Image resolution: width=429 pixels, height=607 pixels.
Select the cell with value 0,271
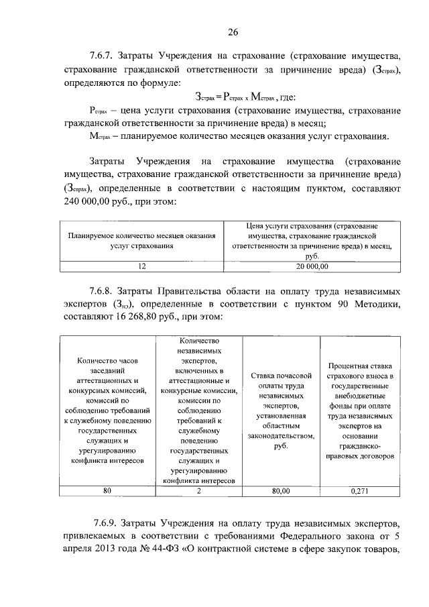pos(360,491)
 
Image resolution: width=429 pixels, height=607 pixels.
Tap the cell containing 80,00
pos(281,491)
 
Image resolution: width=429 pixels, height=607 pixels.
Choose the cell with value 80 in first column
pos(107,491)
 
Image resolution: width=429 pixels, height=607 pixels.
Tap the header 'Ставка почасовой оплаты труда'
pos(281,414)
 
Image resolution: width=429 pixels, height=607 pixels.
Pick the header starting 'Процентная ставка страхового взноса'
pos(360,414)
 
